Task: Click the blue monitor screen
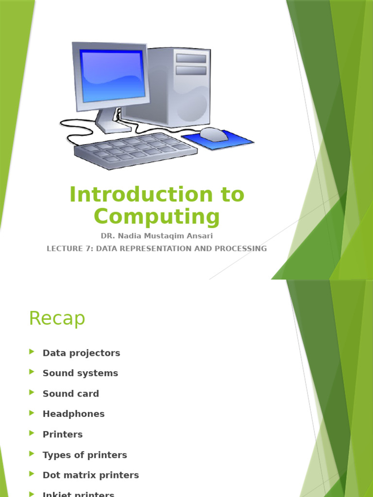pyautogui.click(x=113, y=75)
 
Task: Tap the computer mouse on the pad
pyautogui.click(x=214, y=134)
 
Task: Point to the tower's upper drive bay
pyautogui.click(x=191, y=58)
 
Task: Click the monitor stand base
pyautogui.click(x=113, y=127)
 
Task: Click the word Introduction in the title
pyautogui.click(x=135, y=195)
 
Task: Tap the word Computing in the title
pyautogui.click(x=157, y=217)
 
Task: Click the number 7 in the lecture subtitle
pyautogui.click(x=87, y=248)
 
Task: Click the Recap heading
pyautogui.click(x=57, y=318)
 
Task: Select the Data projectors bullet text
pyautogui.click(x=81, y=353)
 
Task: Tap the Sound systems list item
pyautogui.click(x=80, y=373)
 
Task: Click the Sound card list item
pyautogui.click(x=70, y=394)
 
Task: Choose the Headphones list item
pyautogui.click(x=73, y=414)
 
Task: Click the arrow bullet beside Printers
pyautogui.click(x=32, y=433)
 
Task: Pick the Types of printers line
pyautogui.click(x=85, y=455)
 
